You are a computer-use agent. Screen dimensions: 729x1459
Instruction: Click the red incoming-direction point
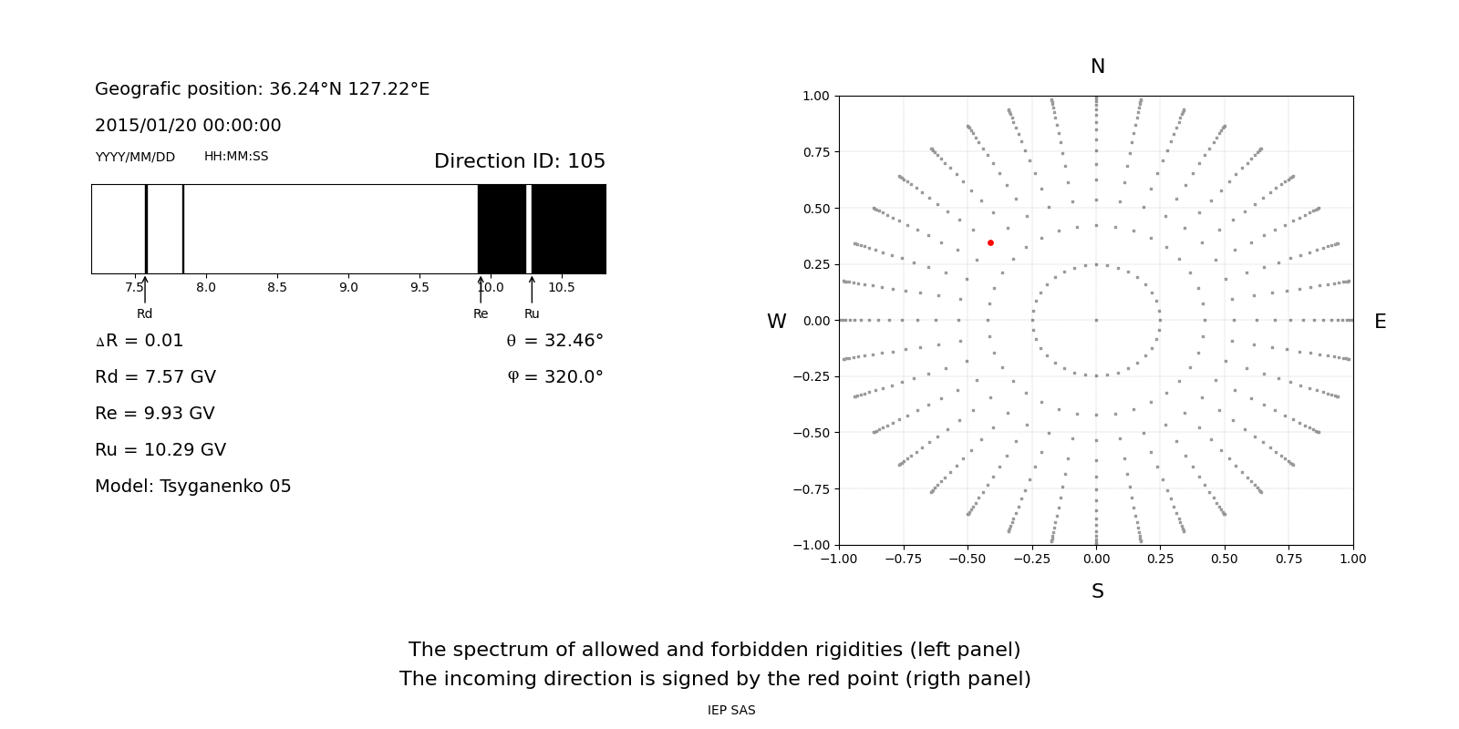[x=990, y=242]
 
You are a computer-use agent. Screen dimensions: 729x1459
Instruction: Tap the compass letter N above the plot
[x=1097, y=67]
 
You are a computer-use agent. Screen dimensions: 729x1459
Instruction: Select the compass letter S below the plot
[x=1097, y=591]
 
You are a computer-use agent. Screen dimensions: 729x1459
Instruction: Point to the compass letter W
[x=776, y=322]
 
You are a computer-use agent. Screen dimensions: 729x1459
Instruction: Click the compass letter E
[x=1380, y=322]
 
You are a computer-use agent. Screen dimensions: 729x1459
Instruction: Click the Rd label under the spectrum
[x=144, y=314]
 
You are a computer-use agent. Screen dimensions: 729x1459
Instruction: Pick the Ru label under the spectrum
[x=532, y=314]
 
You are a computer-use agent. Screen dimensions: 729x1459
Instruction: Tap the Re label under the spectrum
[x=481, y=314]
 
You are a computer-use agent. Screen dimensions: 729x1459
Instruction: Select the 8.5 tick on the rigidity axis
[x=277, y=288]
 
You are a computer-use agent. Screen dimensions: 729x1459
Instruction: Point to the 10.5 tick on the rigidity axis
[x=562, y=288]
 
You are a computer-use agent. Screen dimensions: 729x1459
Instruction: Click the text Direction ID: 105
[x=519, y=161]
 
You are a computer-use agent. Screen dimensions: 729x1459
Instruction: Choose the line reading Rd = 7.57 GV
[x=155, y=377]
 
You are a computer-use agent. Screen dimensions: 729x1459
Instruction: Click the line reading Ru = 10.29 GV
[x=160, y=450]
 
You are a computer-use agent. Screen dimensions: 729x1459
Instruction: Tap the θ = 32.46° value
[x=554, y=341]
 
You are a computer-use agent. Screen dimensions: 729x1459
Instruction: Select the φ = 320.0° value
[x=554, y=377]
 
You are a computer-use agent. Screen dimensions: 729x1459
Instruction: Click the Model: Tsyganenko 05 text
[x=192, y=487]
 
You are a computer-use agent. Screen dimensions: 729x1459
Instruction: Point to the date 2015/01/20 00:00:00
[x=188, y=126]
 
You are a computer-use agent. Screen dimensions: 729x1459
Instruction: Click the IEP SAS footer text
[x=731, y=711]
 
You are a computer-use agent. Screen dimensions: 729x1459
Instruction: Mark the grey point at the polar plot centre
[x=1096, y=320]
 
